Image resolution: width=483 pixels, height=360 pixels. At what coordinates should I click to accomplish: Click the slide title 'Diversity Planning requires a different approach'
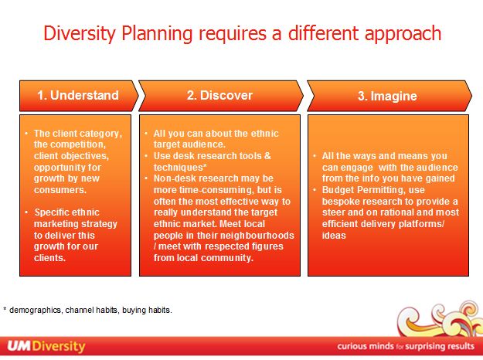[x=242, y=34]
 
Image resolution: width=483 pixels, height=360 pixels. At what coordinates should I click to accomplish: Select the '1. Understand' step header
[x=78, y=96]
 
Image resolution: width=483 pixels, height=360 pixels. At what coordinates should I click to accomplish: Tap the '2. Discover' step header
[x=219, y=96]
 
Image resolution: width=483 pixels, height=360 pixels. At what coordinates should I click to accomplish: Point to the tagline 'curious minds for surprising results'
[x=405, y=346]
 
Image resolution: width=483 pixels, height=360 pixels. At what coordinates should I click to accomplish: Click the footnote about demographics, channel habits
[x=87, y=311]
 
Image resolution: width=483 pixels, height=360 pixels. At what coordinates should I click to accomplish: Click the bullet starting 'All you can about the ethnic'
[x=213, y=138]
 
